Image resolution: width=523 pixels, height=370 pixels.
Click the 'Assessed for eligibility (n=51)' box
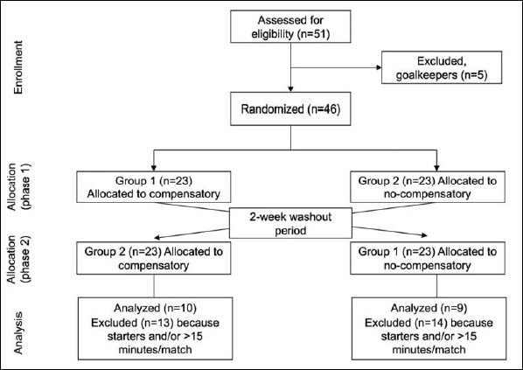click(290, 26)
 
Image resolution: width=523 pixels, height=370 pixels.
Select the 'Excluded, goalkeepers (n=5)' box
click(442, 67)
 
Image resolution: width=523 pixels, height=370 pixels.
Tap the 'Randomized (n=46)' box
click(290, 108)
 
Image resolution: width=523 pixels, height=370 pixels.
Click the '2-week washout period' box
click(290, 223)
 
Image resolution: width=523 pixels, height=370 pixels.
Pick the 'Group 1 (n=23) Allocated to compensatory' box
click(154, 187)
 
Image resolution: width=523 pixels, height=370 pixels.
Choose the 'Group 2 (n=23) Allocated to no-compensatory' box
click(428, 187)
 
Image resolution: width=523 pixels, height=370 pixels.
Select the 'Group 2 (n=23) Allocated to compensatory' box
click(154, 258)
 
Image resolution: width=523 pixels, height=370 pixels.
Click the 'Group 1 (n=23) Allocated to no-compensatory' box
click(428, 258)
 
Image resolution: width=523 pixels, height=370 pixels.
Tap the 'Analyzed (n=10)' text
click(155, 308)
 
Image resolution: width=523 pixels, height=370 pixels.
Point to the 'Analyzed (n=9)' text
click(429, 308)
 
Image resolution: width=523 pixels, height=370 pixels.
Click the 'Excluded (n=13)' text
click(132, 323)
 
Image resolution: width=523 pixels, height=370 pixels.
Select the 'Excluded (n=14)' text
click(406, 323)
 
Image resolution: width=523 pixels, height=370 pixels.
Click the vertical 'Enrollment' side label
click(18, 67)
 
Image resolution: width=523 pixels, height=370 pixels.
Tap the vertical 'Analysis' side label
click(18, 332)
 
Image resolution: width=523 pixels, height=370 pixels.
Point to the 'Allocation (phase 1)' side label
click(18, 187)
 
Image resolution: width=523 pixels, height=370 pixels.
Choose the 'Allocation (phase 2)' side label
click(18, 260)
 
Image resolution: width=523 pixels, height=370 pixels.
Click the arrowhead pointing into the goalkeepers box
click(379, 67)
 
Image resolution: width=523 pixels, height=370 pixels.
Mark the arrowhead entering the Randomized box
click(290, 89)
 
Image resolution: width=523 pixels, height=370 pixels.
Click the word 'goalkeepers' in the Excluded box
click(427, 75)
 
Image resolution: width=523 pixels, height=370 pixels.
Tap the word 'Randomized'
click(273, 109)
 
